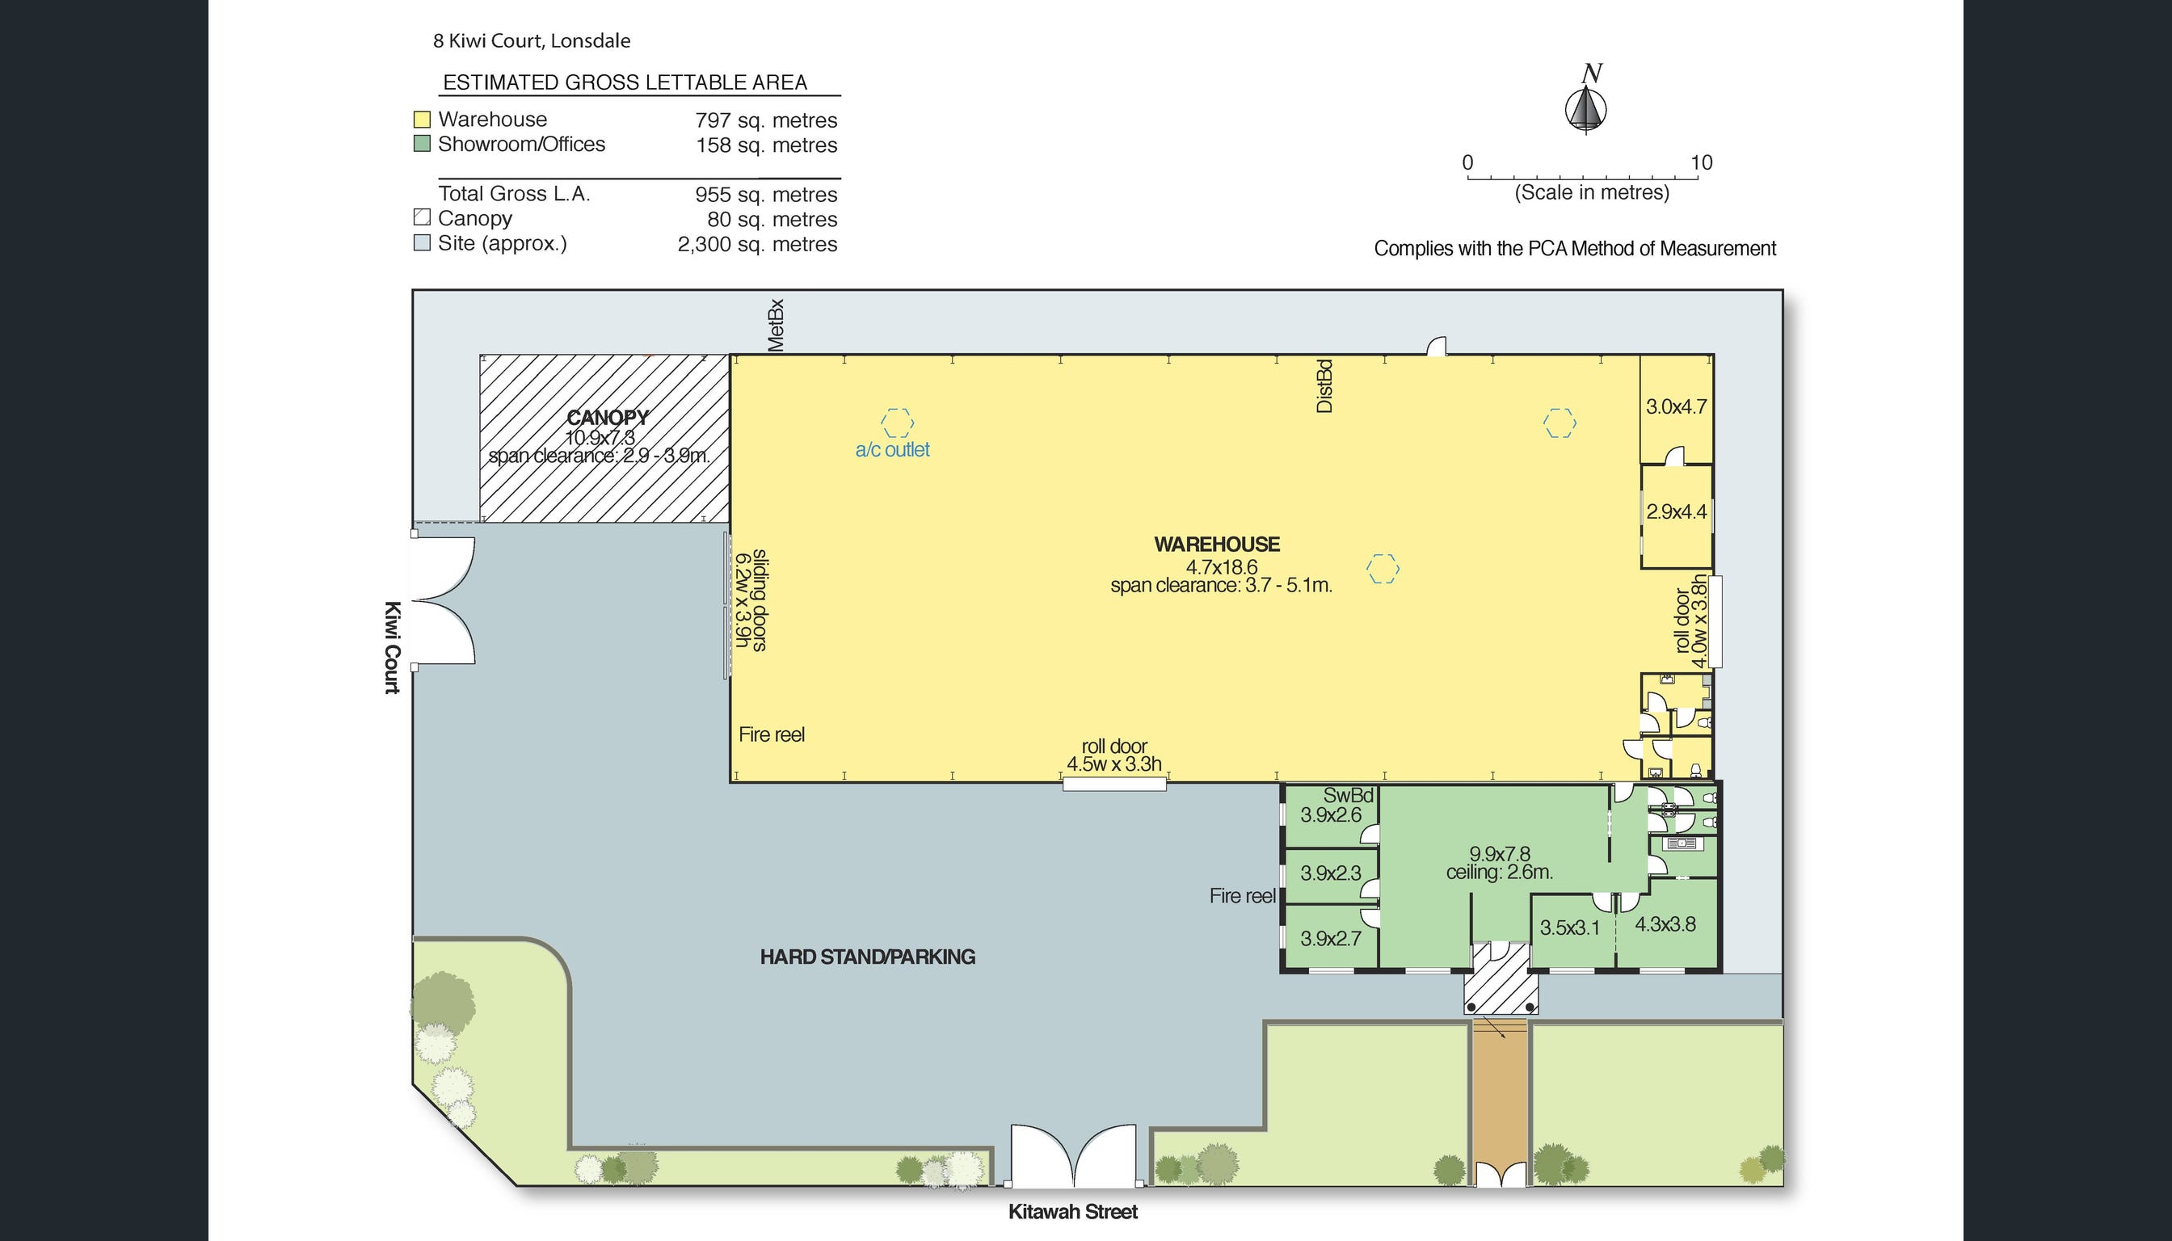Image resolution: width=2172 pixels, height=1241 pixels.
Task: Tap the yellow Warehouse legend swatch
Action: point(422,120)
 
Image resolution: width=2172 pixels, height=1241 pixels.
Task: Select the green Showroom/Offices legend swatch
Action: point(422,144)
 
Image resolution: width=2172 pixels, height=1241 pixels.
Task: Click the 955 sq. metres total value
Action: point(766,195)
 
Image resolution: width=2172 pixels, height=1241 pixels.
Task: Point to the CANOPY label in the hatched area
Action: point(608,418)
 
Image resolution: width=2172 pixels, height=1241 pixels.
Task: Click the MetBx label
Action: point(775,325)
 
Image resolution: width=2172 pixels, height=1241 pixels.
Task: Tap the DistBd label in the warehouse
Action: point(1324,386)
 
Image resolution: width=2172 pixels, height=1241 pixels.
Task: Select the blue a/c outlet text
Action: point(893,450)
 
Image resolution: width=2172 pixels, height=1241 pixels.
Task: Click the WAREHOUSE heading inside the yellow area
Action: point(1217,545)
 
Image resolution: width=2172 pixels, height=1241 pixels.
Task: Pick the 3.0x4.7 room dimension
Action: point(1677,406)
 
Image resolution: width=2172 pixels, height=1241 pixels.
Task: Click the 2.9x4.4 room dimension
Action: point(1677,511)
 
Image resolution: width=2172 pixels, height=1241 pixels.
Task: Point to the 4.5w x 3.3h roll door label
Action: point(1114,764)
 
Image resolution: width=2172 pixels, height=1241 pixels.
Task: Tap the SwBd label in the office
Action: point(1349,795)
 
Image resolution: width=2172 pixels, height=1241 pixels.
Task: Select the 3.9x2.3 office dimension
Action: point(1331,873)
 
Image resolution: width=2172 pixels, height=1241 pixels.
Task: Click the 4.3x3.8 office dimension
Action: point(1665,924)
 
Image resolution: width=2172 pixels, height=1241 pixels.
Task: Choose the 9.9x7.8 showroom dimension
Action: point(1500,853)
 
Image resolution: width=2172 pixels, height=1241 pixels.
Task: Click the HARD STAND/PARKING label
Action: point(868,957)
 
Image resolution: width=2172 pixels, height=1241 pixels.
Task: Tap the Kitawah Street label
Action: point(1073,1212)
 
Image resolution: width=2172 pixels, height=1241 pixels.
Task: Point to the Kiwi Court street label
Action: point(392,648)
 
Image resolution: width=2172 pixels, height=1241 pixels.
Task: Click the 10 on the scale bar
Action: point(1702,162)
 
